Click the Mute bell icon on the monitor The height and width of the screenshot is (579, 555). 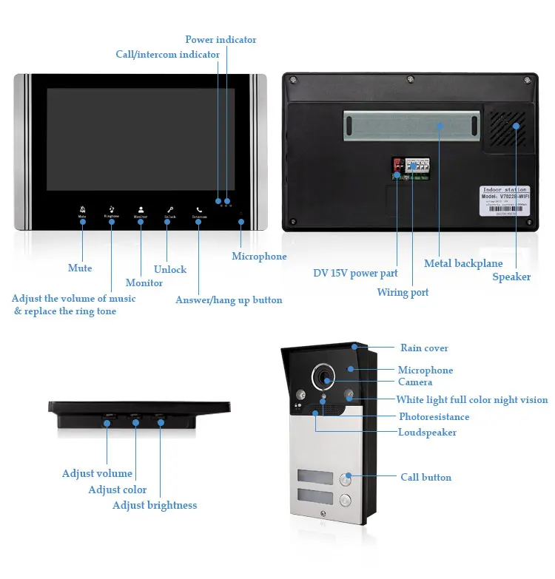tap(82, 209)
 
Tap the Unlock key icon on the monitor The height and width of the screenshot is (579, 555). tap(169, 209)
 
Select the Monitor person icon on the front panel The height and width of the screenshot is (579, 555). tap(141, 209)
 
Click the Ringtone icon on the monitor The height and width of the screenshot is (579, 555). tap(112, 209)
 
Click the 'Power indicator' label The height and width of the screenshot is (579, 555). tap(221, 39)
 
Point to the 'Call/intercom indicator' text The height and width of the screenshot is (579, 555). tap(167, 54)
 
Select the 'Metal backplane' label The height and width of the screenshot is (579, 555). tap(463, 263)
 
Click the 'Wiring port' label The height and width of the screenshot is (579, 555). tap(403, 292)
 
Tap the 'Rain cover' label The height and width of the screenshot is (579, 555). tap(424, 348)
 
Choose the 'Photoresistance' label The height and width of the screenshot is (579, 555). tap(434, 417)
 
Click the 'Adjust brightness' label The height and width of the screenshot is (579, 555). tap(155, 505)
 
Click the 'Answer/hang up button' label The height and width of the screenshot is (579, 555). tap(229, 299)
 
